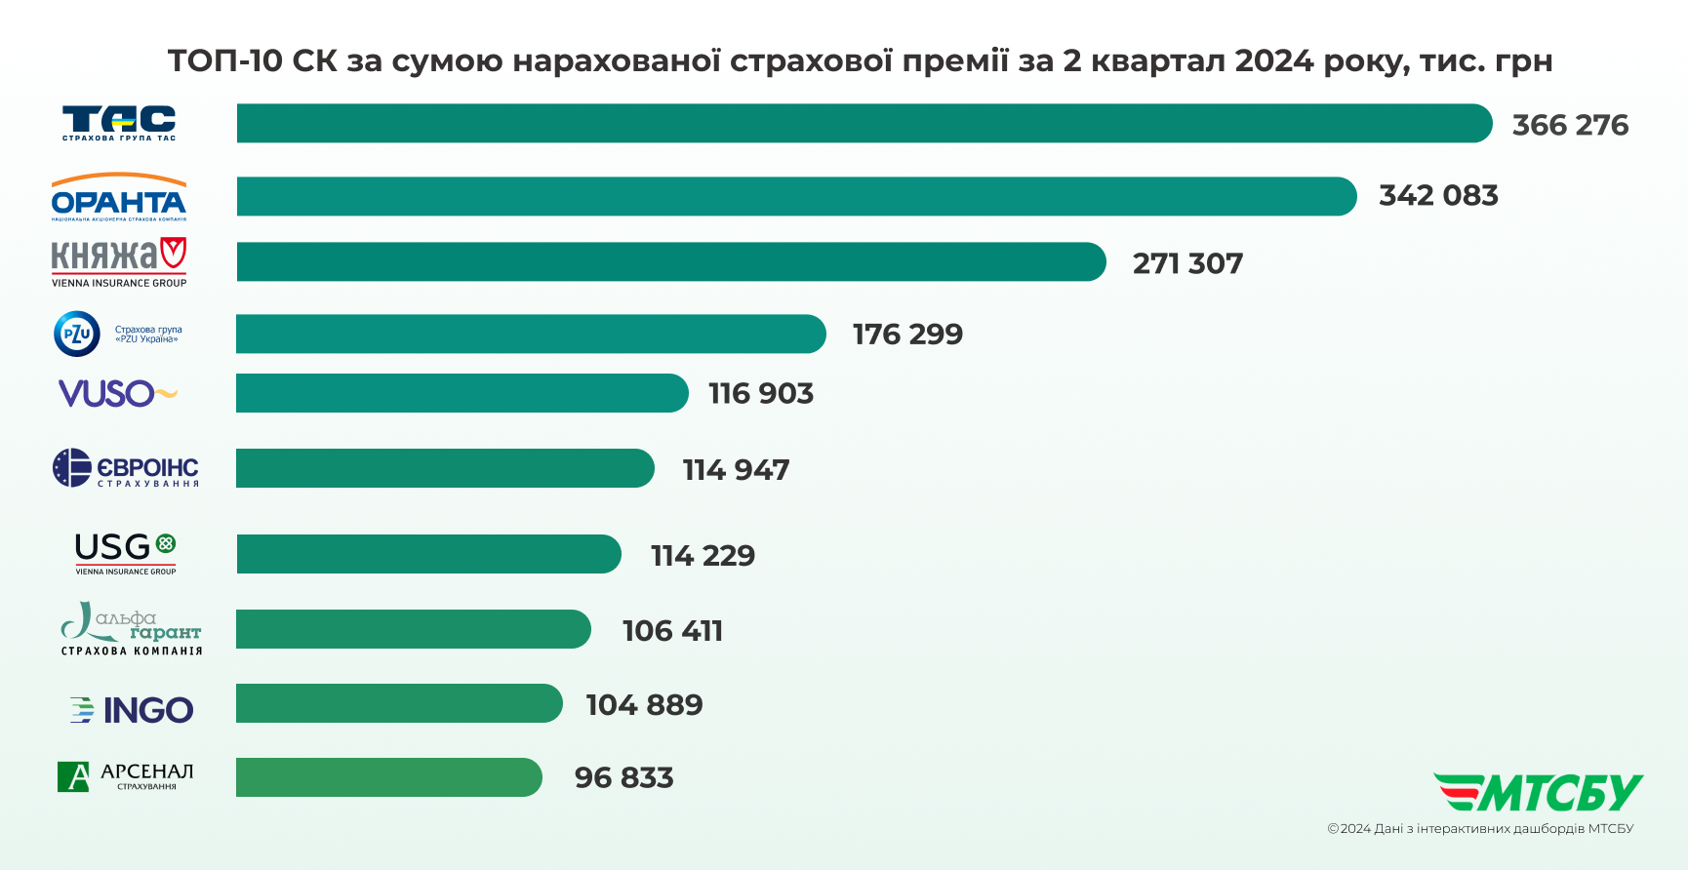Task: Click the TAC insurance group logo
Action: (119, 123)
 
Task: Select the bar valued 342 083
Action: (795, 196)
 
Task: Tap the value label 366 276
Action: (1570, 125)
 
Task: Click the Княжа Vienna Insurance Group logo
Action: (119, 262)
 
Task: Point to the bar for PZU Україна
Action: (530, 334)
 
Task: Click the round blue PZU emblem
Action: (77, 334)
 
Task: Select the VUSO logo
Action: (117, 393)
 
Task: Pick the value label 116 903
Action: (761, 393)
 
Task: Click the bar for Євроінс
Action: (444, 468)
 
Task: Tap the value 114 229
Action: (703, 555)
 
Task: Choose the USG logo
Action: (126, 553)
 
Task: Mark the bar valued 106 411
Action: (413, 629)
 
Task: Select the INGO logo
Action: (132, 709)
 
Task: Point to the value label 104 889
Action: (644, 704)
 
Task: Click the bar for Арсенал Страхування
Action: (388, 777)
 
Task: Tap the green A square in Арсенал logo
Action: (73, 777)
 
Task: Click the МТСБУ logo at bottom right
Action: (1538, 792)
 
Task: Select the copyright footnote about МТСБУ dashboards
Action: (1479, 829)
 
